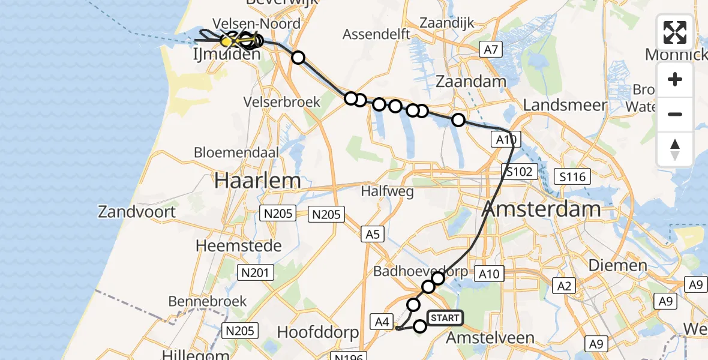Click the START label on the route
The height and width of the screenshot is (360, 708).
[445, 317]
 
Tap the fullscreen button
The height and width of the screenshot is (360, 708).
[675, 32]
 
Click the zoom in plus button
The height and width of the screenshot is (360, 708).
[675, 79]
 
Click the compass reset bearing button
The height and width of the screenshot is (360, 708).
[675, 149]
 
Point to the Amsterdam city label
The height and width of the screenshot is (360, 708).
[541, 209]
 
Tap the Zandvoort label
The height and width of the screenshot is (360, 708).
[137, 211]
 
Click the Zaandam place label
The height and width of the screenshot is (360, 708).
[471, 81]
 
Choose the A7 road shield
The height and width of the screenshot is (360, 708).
[491, 50]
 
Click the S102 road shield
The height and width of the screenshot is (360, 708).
[517, 172]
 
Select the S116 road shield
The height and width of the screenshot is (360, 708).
[573, 176]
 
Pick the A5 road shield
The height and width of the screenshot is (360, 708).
[373, 234]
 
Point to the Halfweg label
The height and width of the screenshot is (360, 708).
[388, 191]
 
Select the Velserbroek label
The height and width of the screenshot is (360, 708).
[282, 102]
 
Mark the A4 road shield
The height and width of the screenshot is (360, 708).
[382, 322]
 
